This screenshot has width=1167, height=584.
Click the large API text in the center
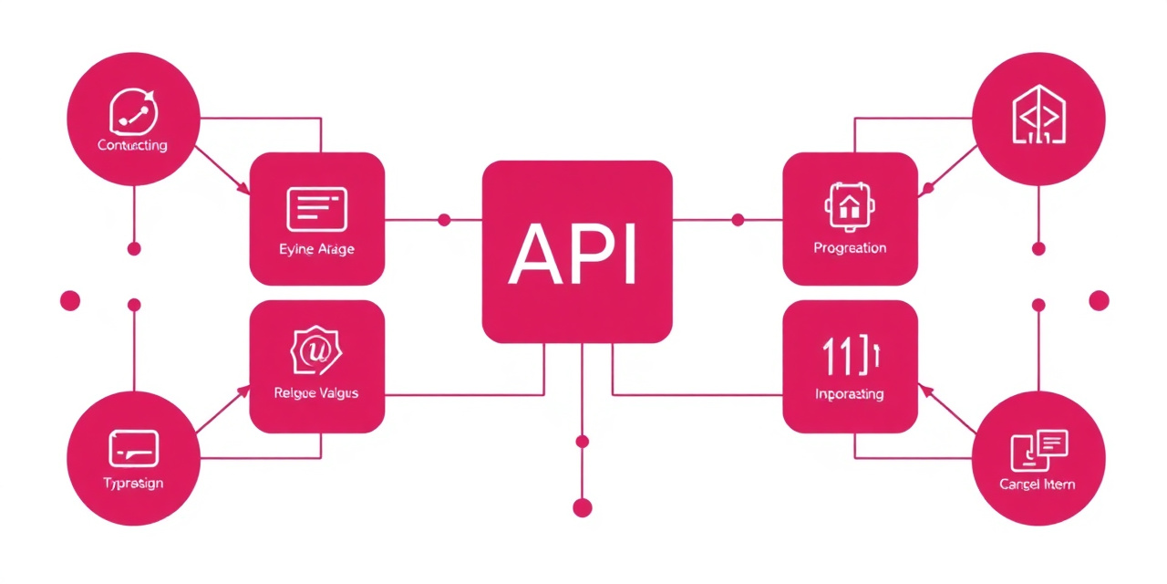(x=575, y=253)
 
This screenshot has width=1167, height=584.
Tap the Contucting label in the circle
(x=132, y=145)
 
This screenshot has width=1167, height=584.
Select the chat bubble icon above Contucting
(x=133, y=112)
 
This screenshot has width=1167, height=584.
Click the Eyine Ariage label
(x=316, y=249)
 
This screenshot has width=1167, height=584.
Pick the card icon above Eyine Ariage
(x=316, y=209)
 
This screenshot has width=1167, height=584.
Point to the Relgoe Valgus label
(x=316, y=393)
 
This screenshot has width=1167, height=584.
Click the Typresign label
(x=133, y=483)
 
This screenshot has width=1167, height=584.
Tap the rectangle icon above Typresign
(x=133, y=448)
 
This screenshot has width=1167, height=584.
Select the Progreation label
(x=850, y=248)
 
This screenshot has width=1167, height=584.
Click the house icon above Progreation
(x=850, y=205)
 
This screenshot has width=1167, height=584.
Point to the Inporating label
(x=850, y=394)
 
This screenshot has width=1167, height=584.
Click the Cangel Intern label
(x=1038, y=484)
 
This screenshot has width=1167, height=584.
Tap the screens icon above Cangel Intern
(x=1038, y=448)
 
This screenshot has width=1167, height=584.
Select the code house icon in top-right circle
(x=1038, y=116)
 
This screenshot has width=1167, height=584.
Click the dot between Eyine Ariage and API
(x=444, y=220)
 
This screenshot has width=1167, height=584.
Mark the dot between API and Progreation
(x=738, y=220)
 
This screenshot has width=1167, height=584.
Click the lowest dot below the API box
(x=582, y=507)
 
